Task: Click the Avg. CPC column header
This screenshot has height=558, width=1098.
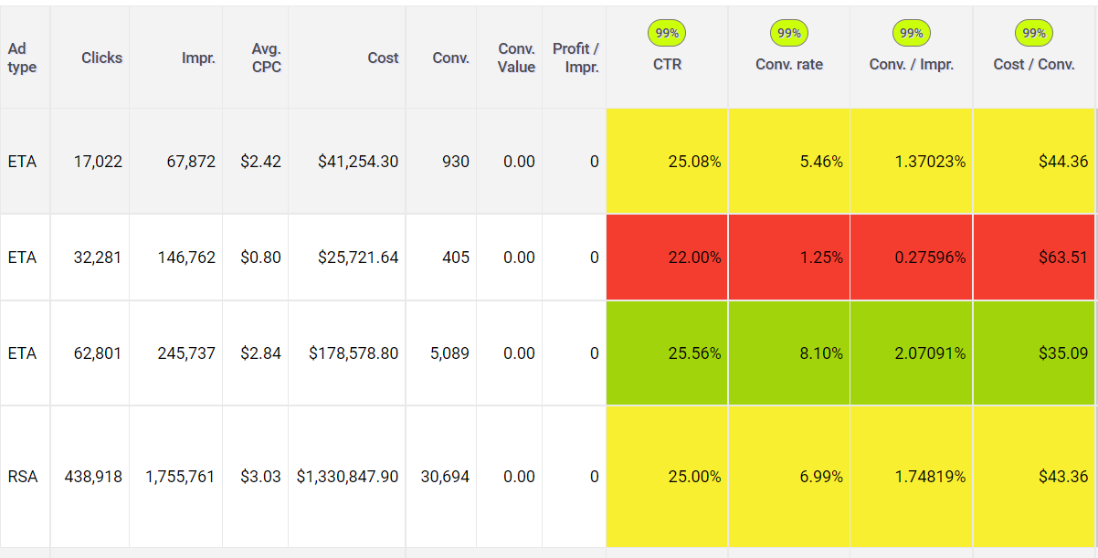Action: click(266, 57)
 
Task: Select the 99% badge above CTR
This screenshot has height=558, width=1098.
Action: click(667, 34)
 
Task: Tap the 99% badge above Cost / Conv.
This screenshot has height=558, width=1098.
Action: click(1033, 34)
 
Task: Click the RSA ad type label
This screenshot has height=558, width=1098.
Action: click(23, 477)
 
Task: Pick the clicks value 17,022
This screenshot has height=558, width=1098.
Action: click(99, 162)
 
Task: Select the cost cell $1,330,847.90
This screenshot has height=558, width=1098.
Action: click(347, 477)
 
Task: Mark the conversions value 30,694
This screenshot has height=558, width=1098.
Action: click(445, 477)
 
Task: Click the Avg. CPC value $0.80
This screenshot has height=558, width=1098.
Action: click(261, 258)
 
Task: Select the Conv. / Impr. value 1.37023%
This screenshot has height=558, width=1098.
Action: click(929, 162)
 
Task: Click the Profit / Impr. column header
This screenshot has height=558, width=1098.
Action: click(575, 57)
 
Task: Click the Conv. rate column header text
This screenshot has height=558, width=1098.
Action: click(789, 65)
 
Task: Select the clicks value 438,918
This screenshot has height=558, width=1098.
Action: click(93, 477)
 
